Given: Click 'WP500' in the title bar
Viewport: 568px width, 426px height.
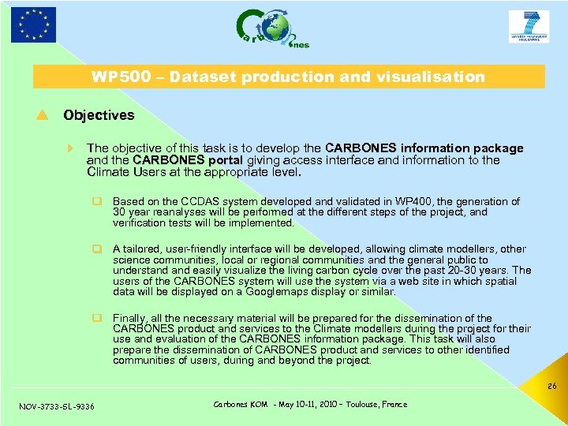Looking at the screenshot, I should (x=115, y=77).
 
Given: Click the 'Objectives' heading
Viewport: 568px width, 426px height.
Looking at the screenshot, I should (x=99, y=115).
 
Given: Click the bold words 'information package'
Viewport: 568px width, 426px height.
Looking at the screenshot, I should (x=462, y=148).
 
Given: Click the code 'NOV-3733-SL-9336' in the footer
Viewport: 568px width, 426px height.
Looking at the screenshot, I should (x=56, y=406).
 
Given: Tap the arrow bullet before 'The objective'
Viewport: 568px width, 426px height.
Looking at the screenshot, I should (x=71, y=148).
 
